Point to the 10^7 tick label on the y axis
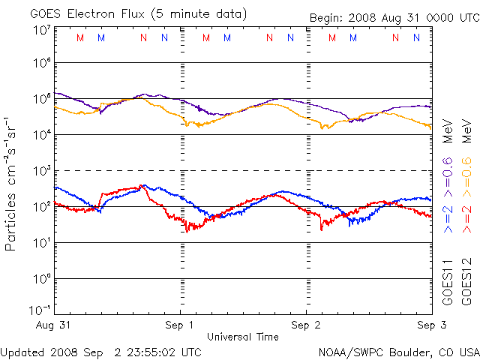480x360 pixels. [41, 30]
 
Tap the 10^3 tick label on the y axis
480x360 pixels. [41, 171]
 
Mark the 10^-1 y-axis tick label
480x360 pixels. [40, 310]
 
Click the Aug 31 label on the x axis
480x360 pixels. [54, 325]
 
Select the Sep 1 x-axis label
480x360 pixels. [180, 325]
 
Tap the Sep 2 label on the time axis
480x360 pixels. [306, 325]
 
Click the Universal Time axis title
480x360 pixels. [243, 337]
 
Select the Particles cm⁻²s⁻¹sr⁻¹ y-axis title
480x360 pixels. [12, 184]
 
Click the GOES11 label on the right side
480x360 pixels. [448, 282]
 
